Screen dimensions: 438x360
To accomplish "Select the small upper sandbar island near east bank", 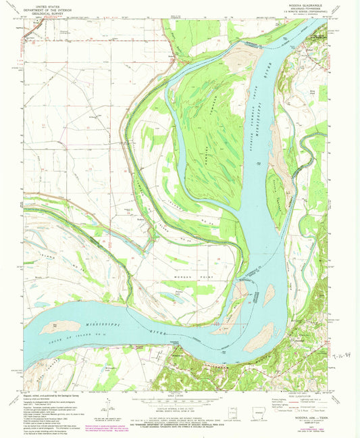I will [x=269, y=295].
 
